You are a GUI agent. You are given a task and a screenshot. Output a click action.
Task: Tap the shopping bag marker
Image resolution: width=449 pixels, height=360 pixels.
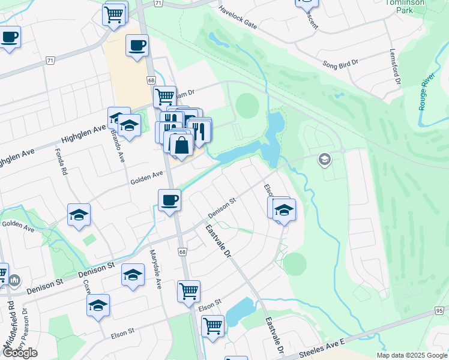(x=181, y=145)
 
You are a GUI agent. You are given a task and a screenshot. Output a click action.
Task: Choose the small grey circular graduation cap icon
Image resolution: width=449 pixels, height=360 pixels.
(x=325, y=159)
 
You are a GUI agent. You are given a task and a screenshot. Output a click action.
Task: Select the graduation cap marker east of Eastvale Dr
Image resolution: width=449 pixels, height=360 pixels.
(x=284, y=210)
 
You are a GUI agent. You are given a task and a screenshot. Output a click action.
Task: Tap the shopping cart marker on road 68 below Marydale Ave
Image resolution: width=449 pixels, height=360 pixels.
(x=188, y=292)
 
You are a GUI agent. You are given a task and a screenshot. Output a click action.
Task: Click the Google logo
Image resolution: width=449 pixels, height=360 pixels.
(x=20, y=353)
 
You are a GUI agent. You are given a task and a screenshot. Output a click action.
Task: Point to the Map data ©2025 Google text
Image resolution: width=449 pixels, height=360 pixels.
(x=411, y=355)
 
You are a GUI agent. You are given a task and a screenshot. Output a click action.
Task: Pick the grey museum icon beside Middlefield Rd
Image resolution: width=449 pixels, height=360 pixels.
(x=14, y=280)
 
